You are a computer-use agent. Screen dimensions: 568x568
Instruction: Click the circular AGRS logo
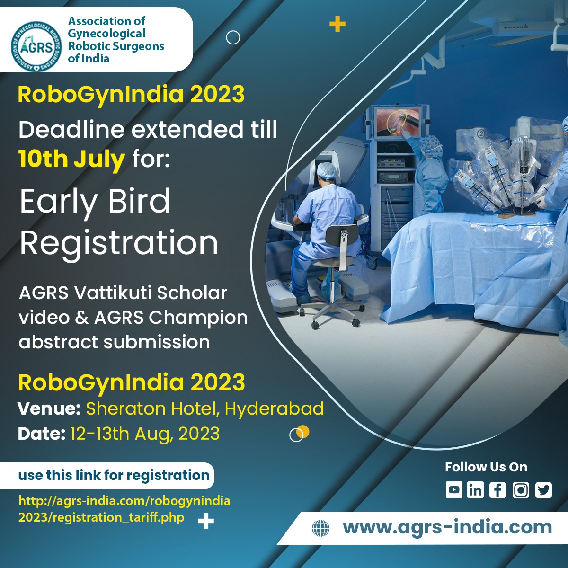pyautogui.click(x=36, y=46)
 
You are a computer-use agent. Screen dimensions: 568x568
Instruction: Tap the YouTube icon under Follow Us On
pyautogui.click(x=454, y=490)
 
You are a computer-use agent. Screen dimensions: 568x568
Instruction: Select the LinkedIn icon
pyautogui.click(x=475, y=490)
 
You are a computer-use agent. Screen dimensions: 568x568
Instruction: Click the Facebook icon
pyautogui.click(x=497, y=490)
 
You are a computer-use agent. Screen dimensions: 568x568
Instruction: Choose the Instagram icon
pyautogui.click(x=521, y=490)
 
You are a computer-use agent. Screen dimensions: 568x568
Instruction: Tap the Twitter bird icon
pyautogui.click(x=543, y=490)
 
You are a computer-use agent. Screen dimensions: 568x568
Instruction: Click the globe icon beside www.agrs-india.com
pyautogui.click(x=320, y=528)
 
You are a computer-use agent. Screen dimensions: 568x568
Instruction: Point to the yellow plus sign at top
pyautogui.click(x=337, y=24)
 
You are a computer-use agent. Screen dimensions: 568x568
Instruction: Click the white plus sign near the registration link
pyautogui.click(x=206, y=521)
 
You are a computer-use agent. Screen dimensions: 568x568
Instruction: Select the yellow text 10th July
pyautogui.click(x=71, y=159)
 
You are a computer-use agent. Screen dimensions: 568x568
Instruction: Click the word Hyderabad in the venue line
pyautogui.click(x=274, y=408)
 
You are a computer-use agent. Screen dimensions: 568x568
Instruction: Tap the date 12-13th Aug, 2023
pyautogui.click(x=145, y=434)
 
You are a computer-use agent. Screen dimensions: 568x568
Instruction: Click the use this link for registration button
pyautogui.click(x=114, y=475)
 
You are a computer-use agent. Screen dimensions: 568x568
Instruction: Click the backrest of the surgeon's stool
pyautogui.click(x=343, y=241)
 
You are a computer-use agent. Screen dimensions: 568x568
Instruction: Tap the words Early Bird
pyautogui.click(x=95, y=201)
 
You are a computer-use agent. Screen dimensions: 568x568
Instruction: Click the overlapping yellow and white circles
pyautogui.click(x=299, y=433)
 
